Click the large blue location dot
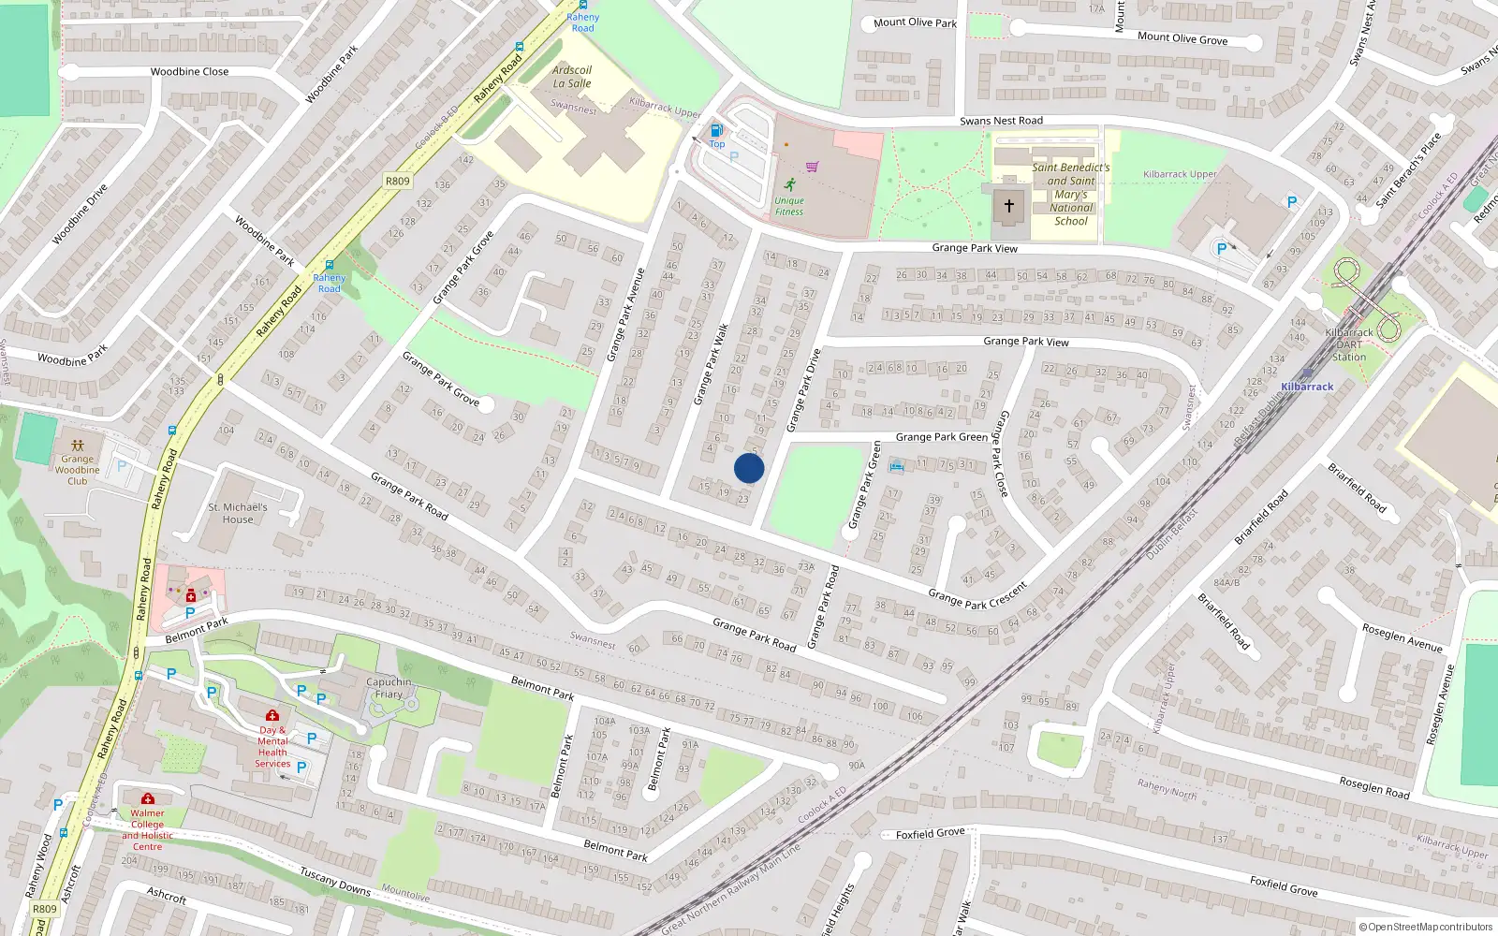point(749,468)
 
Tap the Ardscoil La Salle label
point(572,77)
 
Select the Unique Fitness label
point(789,206)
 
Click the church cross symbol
point(1009,205)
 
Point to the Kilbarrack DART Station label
point(1349,344)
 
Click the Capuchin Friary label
point(389,688)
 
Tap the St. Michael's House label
point(238,513)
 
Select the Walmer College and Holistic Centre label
point(147,830)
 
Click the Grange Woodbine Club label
point(78,470)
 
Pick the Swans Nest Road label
point(1001,121)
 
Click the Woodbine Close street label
point(189,71)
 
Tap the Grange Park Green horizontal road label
point(941,437)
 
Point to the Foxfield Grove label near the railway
point(930,833)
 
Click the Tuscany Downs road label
point(335,880)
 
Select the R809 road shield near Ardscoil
point(397,181)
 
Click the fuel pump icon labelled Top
point(716,131)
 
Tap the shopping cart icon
point(812,167)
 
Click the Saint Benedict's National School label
point(1071,195)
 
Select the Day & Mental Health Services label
point(272,746)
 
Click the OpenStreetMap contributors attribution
point(1425,927)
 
